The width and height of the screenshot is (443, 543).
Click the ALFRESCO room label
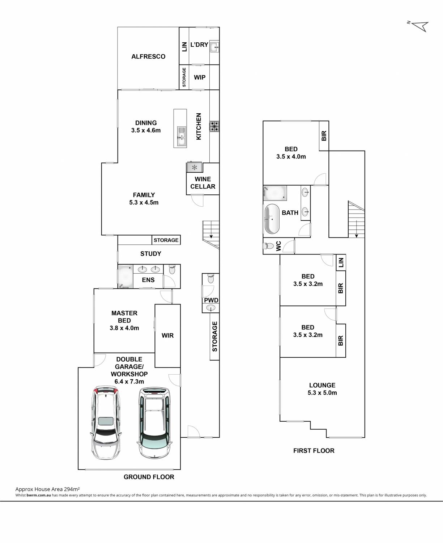coord(148,56)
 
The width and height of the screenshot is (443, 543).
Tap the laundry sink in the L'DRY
coord(214,46)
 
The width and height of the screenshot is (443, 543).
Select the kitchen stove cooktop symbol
coord(214,126)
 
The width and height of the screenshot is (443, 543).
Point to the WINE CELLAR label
coord(203,182)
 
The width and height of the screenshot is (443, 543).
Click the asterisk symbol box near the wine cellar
coord(195,168)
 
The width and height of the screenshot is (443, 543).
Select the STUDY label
coord(151,254)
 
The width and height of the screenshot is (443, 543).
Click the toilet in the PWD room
coord(211,278)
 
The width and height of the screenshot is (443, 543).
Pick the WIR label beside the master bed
coord(167,335)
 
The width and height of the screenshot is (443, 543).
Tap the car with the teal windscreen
coord(154,422)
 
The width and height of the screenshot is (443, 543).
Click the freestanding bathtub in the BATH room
coord(272,219)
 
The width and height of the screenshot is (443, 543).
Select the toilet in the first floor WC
coord(268,246)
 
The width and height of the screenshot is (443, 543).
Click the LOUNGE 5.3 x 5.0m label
coord(322,389)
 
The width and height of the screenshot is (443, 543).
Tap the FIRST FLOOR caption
coord(314,451)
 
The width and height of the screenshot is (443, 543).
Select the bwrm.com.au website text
coord(39,495)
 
